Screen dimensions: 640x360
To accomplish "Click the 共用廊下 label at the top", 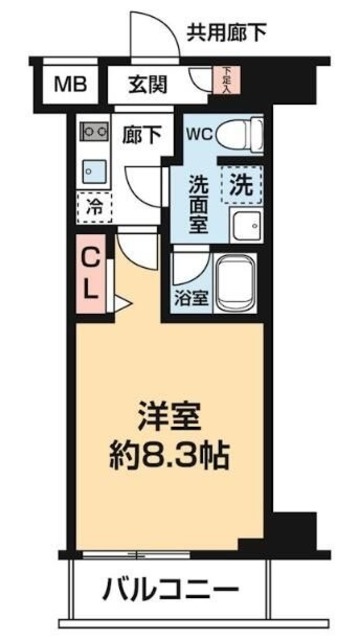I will (x=227, y=33).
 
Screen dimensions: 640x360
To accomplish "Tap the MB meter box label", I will (x=69, y=84).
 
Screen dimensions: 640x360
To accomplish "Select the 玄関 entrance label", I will (x=148, y=85).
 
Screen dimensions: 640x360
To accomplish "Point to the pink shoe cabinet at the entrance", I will (x=226, y=80).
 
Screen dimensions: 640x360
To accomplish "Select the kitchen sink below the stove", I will (x=93, y=169).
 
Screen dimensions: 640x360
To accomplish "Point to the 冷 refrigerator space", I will (x=95, y=209).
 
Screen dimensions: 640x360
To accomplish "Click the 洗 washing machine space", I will (x=241, y=183).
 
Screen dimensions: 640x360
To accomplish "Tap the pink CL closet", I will (x=90, y=273).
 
